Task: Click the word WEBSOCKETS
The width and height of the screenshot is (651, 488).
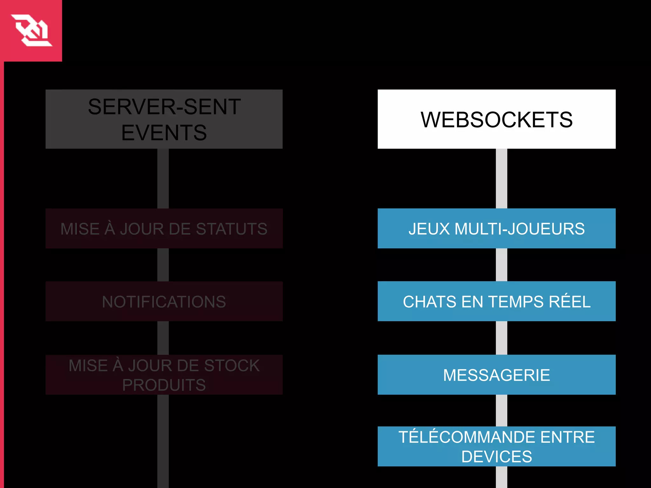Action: [497, 120]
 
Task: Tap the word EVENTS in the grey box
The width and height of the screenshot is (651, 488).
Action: [164, 133]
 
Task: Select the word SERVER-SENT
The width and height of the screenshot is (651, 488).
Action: [164, 107]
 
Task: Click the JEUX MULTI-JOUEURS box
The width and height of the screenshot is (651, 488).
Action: [497, 228]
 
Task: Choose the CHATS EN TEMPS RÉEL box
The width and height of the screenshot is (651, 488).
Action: [497, 301]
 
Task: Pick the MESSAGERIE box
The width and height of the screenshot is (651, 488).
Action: [497, 375]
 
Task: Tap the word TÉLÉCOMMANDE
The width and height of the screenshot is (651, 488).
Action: [468, 437]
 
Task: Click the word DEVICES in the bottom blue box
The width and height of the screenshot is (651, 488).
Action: [497, 457]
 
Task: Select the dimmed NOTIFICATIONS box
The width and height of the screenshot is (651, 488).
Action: [164, 302]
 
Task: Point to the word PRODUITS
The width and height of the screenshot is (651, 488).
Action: [164, 385]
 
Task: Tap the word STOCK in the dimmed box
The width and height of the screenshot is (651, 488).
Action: [232, 365]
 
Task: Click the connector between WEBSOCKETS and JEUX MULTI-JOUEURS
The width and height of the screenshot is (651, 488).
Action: [501, 179]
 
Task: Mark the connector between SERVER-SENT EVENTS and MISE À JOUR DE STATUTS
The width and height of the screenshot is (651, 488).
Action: [163, 179]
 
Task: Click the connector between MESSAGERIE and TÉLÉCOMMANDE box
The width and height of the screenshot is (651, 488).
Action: [501, 410]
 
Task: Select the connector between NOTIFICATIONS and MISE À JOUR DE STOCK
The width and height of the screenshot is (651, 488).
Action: [163, 338]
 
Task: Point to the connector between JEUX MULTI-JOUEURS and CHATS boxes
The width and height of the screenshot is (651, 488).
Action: [501, 265]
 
